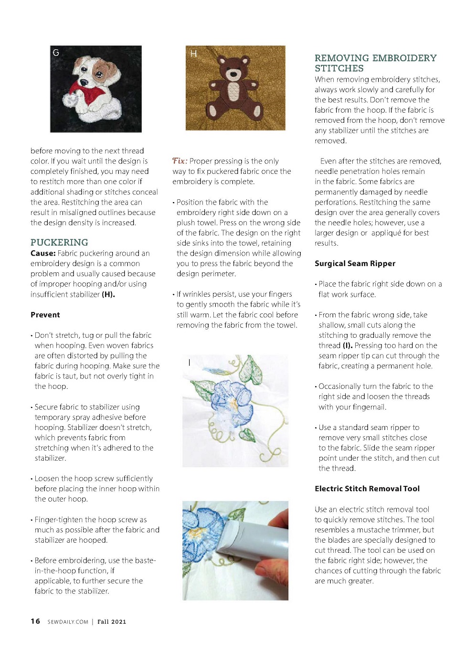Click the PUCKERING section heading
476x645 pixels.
click(59, 242)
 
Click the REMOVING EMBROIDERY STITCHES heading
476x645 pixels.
click(375, 63)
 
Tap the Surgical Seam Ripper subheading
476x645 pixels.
click(355, 263)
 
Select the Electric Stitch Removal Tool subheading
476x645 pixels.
click(367, 488)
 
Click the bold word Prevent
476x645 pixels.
click(45, 314)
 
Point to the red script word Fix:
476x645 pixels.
click(180, 161)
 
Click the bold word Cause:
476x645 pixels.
click(43, 253)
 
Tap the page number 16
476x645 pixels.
click(35, 621)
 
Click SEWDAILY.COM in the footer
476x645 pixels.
click(68, 622)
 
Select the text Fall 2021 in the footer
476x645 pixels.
click(112, 622)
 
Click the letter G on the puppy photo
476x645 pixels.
click(56, 53)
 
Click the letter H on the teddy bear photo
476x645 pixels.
click(193, 54)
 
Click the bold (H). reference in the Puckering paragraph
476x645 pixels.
click(108, 294)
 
